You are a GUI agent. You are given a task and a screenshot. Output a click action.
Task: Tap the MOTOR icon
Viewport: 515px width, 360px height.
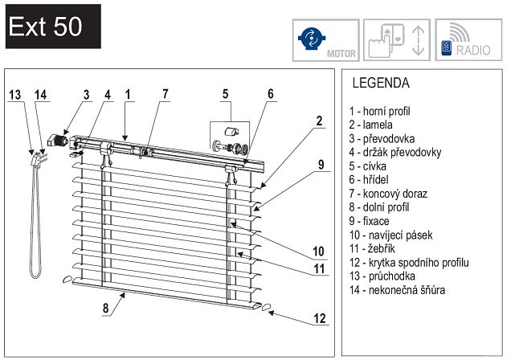322,39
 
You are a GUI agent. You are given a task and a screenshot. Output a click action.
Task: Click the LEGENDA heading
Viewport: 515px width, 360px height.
381,83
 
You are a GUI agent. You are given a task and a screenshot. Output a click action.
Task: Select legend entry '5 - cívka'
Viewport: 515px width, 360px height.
374,166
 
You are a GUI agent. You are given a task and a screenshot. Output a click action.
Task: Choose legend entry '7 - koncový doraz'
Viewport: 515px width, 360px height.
388,194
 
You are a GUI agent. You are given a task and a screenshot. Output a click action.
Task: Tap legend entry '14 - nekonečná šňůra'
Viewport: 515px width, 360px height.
397,289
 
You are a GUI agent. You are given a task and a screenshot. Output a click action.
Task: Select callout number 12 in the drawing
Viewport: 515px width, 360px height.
320,318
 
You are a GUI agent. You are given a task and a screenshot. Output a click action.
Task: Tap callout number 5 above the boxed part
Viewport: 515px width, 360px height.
226,94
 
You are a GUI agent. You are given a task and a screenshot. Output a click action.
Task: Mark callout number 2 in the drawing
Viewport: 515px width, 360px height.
319,121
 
